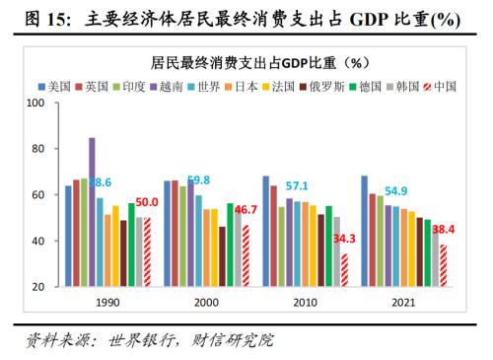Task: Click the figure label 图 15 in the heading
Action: (x=38, y=18)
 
